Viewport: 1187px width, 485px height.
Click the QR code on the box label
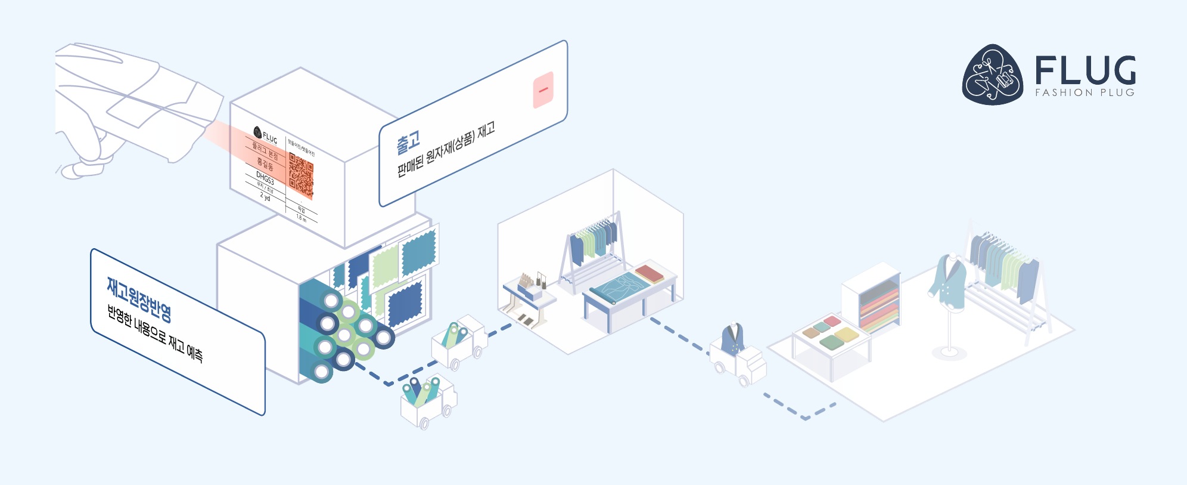tap(301, 175)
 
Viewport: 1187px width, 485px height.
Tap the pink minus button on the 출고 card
tap(543, 90)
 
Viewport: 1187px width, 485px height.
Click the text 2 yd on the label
tap(265, 196)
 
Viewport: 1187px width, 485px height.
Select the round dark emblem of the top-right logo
tap(993, 75)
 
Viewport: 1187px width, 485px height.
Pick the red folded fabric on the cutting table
tap(650, 274)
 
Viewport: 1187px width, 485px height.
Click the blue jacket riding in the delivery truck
tap(733, 339)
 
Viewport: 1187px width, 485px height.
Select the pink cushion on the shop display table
tap(832, 322)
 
